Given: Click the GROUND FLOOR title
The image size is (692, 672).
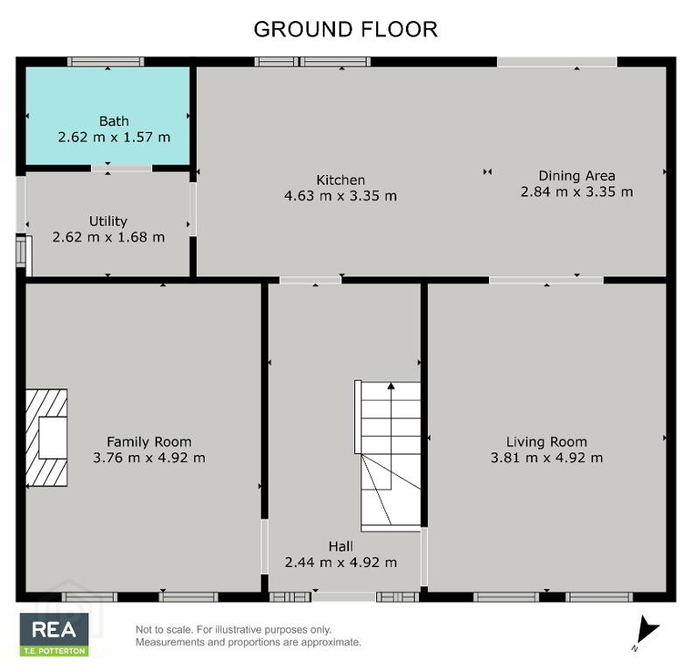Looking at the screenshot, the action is [346, 30].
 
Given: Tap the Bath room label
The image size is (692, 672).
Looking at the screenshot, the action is [114, 121].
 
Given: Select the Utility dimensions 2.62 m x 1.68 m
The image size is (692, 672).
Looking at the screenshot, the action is [108, 237].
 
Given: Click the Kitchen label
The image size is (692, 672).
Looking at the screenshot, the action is [340, 180].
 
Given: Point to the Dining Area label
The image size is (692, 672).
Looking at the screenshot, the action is [577, 176].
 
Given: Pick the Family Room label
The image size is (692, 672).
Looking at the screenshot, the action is [150, 442].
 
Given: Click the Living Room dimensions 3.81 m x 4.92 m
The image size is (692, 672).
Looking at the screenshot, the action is [547, 458].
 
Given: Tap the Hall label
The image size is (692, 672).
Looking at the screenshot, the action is [340, 547].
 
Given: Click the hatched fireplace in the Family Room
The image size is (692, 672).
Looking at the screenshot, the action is [46, 437].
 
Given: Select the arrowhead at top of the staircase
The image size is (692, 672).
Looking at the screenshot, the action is [391, 386].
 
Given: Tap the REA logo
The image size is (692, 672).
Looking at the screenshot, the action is [54, 630].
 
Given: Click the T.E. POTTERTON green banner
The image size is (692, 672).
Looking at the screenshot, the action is [54, 651].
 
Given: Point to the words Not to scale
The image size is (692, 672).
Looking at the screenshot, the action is [164, 630].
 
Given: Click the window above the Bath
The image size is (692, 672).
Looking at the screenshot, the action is [106, 62].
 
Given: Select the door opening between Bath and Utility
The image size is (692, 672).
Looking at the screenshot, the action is [122, 168].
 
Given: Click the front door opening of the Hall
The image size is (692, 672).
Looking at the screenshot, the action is [344, 597].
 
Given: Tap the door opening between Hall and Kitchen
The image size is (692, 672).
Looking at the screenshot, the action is [311, 280].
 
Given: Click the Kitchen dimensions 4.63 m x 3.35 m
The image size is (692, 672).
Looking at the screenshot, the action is [340, 196].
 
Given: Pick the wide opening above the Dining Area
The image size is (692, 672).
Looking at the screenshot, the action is [557, 62].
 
